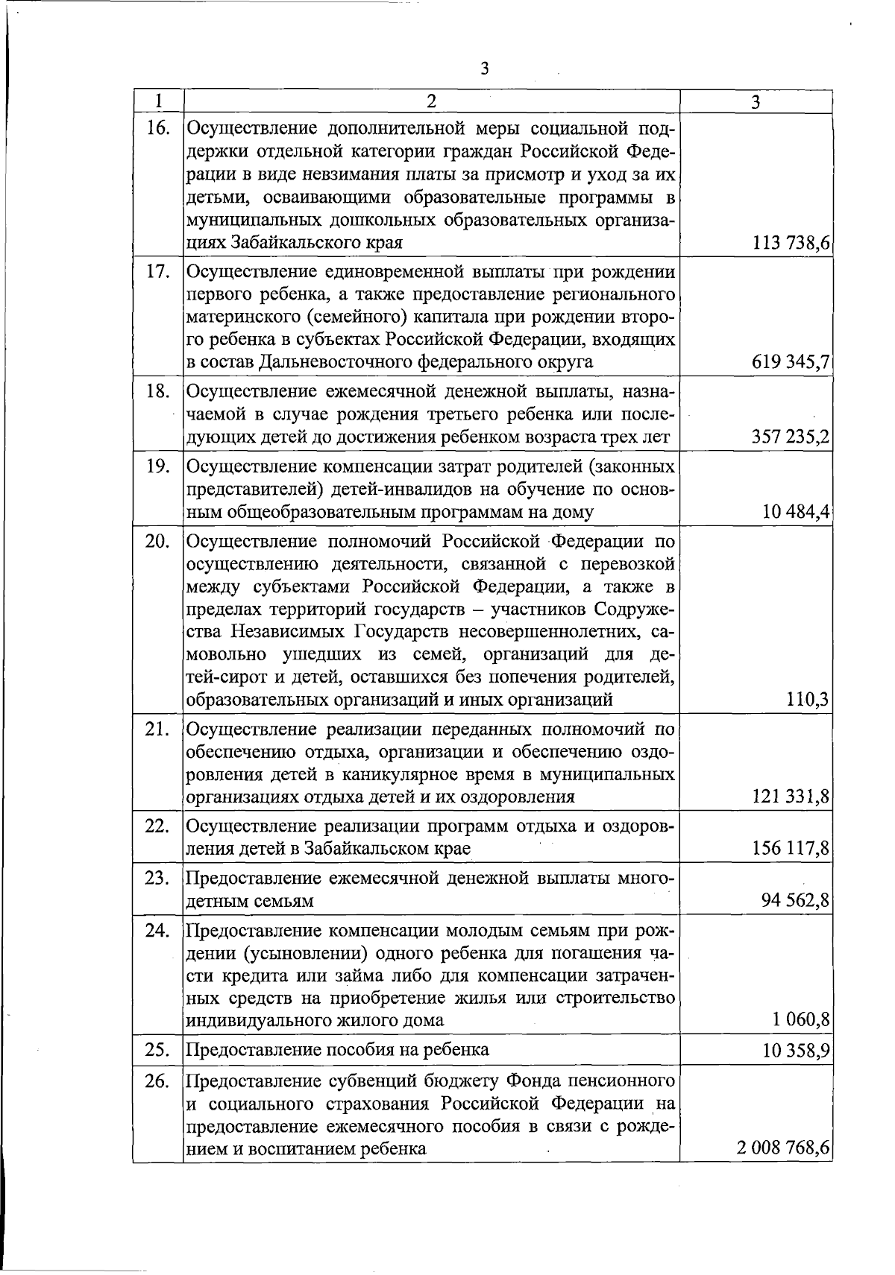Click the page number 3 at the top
tap(484, 69)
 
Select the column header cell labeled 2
tap(431, 102)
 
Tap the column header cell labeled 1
tap(158, 102)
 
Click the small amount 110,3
tap(808, 700)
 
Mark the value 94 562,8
tap(795, 902)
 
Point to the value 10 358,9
tap(795, 1051)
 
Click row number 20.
tap(157, 541)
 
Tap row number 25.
tap(157, 1050)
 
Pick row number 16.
tap(157, 128)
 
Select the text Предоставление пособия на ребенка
tap(337, 1050)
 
